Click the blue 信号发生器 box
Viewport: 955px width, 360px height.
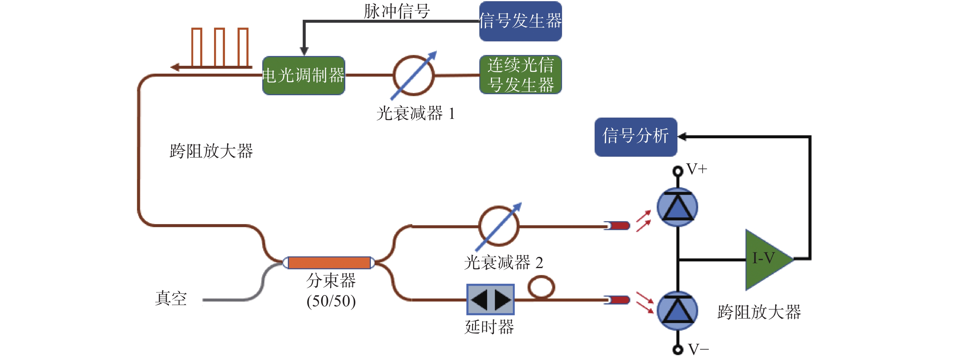[520, 21]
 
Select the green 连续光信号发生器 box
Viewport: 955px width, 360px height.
[521, 75]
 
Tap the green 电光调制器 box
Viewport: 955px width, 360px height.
[303, 76]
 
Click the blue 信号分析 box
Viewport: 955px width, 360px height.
[636, 137]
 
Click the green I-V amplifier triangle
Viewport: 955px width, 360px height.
[769, 260]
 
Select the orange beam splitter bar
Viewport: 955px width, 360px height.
[329, 262]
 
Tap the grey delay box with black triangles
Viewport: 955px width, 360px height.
[491, 300]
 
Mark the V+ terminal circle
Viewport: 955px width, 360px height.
[678, 171]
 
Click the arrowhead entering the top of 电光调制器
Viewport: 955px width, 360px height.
[304, 52]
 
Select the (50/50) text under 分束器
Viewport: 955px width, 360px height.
[331, 301]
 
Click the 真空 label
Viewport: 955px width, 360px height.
[171, 298]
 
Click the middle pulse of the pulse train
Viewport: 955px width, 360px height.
[219, 47]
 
